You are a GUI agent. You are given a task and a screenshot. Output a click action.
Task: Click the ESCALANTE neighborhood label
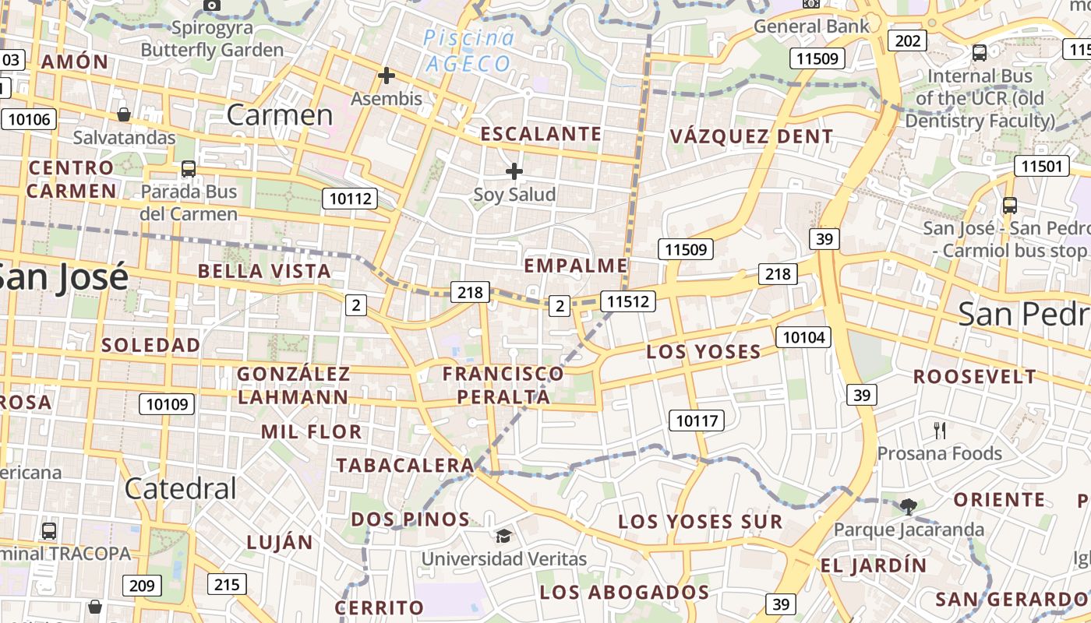pyautogui.click(x=541, y=134)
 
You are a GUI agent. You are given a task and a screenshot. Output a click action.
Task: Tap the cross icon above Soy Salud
pyautogui.click(x=514, y=171)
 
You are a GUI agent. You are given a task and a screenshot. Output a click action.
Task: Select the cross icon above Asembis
pyautogui.click(x=387, y=76)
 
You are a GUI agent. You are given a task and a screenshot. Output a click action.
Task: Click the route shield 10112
pyautogui.click(x=351, y=199)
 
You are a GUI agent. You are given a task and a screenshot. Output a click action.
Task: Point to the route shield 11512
pyautogui.click(x=628, y=301)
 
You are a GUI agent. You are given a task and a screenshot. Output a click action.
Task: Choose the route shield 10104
pyautogui.click(x=803, y=337)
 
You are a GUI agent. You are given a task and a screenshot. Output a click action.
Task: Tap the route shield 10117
pyautogui.click(x=697, y=421)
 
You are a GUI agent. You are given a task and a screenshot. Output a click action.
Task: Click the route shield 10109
pyautogui.click(x=167, y=404)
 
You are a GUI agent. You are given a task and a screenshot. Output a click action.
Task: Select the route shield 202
pyautogui.click(x=908, y=40)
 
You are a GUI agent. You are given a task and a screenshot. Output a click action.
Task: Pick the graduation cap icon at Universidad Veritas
pyautogui.click(x=503, y=536)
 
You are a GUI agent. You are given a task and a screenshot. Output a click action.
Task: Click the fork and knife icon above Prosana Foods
pyautogui.click(x=940, y=430)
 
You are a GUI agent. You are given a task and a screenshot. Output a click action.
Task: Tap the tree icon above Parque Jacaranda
pyautogui.click(x=908, y=507)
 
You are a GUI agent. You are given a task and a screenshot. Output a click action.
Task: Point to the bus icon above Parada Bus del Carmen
pyautogui.click(x=188, y=169)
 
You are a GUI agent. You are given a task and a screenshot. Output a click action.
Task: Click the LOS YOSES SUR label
pyautogui.click(x=700, y=522)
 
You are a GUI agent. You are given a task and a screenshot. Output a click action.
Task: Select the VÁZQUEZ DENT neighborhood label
pyautogui.click(x=751, y=137)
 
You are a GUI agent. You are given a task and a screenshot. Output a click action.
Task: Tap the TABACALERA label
pyautogui.click(x=404, y=466)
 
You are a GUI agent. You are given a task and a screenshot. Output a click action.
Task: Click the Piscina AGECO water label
pyautogui.click(x=468, y=51)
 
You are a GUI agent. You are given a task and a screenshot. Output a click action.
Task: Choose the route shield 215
pyautogui.click(x=227, y=584)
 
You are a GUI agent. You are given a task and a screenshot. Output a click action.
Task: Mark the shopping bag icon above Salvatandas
pyautogui.click(x=123, y=115)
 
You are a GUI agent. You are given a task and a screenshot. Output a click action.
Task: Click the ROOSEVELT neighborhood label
pyautogui.click(x=975, y=377)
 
